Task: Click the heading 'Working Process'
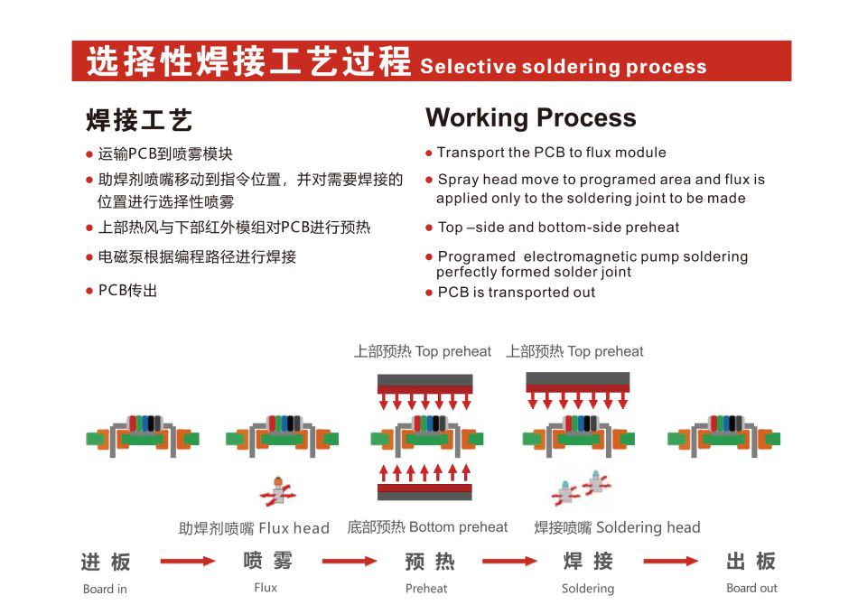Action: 530,118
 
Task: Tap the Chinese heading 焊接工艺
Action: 139,120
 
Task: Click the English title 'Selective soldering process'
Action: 564,67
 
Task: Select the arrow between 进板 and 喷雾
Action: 187,562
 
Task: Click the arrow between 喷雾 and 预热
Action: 349,562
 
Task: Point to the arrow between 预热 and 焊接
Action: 509,562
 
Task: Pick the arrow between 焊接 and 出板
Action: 669,562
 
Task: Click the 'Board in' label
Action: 105,590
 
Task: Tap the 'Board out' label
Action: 751,589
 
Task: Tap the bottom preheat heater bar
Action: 424,491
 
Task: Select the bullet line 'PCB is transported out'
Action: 516,293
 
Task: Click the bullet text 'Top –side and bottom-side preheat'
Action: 558,228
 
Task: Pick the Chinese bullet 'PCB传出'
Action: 127,291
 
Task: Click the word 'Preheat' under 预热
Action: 426,589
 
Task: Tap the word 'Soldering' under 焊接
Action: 588,589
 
